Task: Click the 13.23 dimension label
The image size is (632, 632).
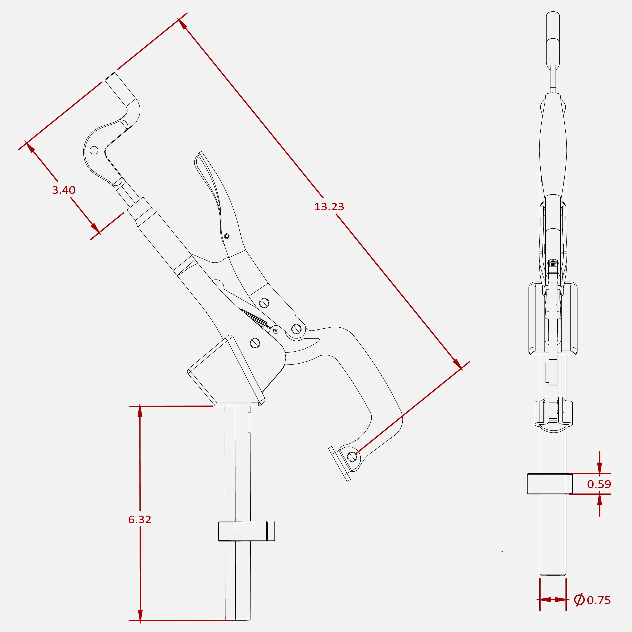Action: (329, 207)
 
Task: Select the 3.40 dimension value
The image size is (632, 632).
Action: (64, 190)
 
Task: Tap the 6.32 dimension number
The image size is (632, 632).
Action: (140, 520)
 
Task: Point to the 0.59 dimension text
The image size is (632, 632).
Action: (599, 484)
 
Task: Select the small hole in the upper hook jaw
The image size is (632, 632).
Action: (94, 150)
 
